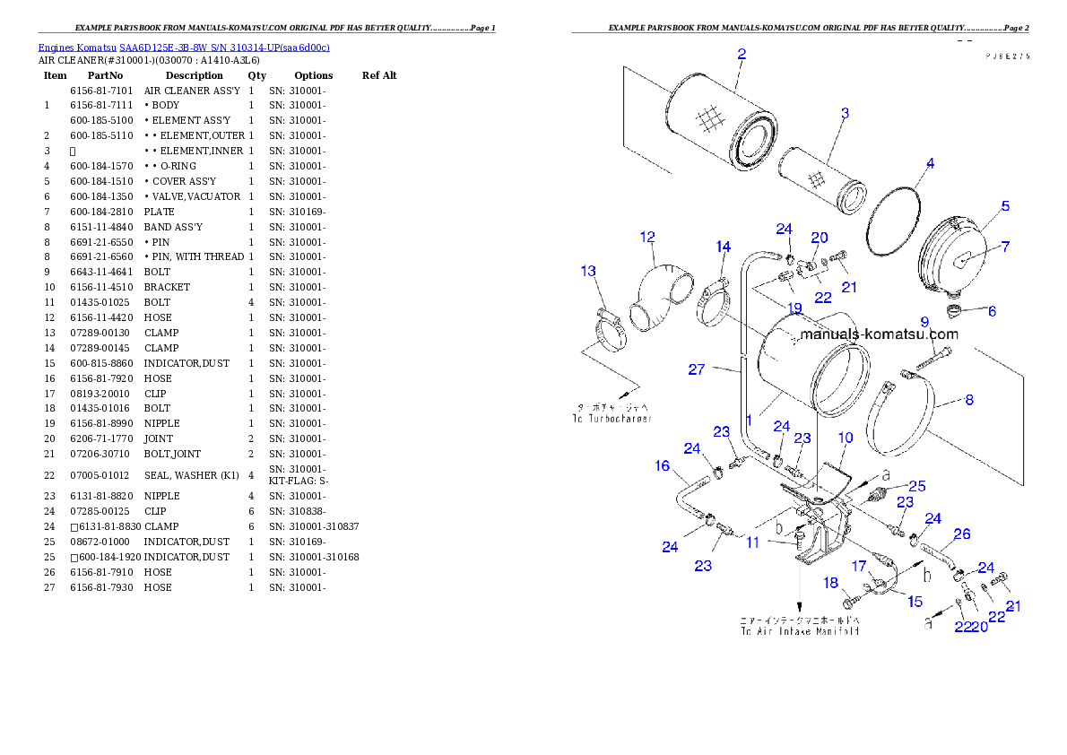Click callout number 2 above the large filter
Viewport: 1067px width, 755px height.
(742, 54)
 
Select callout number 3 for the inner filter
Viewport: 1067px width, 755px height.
(845, 114)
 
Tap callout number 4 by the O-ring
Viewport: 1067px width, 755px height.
(931, 164)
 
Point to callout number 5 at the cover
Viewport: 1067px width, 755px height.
(1005, 206)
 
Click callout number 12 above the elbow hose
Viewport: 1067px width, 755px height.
(647, 238)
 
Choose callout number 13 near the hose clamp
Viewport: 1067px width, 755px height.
(588, 271)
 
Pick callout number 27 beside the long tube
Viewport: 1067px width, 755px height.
(697, 369)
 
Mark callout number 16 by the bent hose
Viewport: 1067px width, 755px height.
(663, 466)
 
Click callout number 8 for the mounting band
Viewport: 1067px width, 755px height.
(969, 401)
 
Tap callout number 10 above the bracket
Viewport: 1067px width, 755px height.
(846, 438)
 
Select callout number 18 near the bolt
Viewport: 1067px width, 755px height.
(831, 583)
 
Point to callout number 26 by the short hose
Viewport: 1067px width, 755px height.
(962, 534)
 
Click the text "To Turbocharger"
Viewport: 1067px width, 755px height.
(611, 419)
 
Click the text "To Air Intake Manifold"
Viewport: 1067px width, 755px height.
(800, 630)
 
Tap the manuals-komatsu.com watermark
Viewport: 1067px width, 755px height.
(879, 334)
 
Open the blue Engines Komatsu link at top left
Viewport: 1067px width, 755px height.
(184, 48)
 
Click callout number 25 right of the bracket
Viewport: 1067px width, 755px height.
(917, 487)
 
